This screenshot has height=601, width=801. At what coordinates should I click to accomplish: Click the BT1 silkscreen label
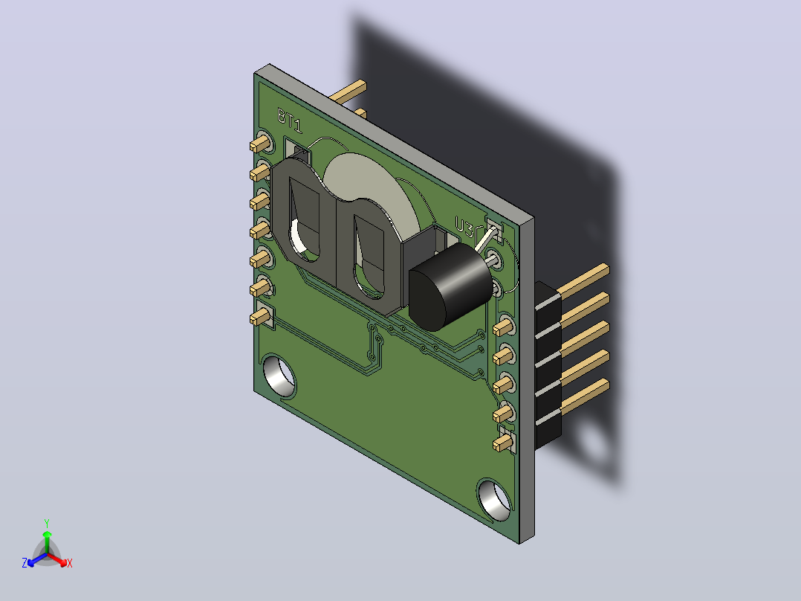click(290, 120)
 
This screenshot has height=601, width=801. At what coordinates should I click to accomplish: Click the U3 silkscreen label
click(464, 227)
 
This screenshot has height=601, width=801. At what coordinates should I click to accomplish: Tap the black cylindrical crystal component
click(450, 286)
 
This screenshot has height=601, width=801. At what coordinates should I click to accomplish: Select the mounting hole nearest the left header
click(279, 376)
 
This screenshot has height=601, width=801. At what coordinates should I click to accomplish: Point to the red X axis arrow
click(59, 559)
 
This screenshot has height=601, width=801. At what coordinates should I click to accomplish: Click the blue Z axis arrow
click(36, 559)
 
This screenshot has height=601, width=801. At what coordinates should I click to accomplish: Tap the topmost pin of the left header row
click(261, 144)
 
